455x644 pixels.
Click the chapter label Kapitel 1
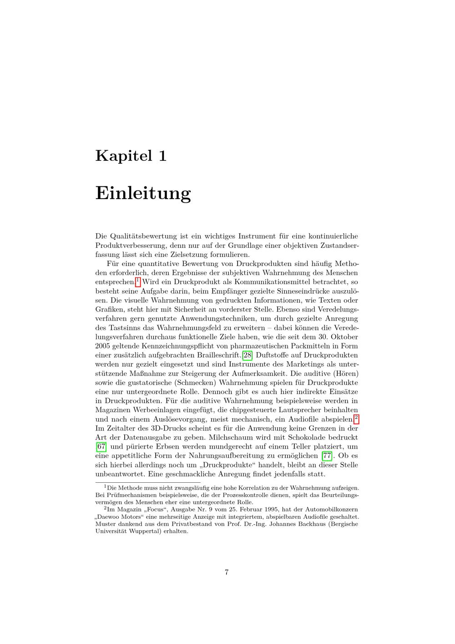coord(131,156)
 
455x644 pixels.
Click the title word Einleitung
coord(143,193)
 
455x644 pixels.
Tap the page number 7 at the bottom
coord(227,572)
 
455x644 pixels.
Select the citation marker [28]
coord(248,355)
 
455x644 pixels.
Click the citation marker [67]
coord(101,447)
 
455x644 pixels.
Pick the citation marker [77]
coord(327,456)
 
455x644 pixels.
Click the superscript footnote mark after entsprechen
coord(138,281)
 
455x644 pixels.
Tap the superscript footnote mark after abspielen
coord(356,418)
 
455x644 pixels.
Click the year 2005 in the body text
coord(103,346)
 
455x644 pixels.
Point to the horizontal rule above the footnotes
coord(148,482)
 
